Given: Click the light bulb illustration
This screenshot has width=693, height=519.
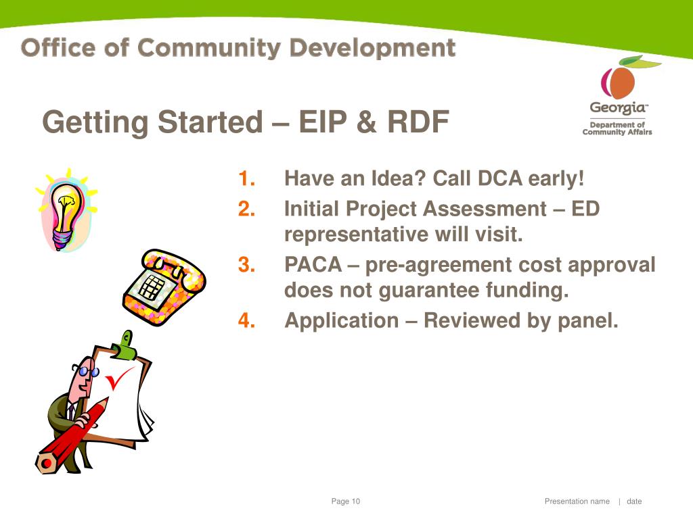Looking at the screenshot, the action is pos(67,211).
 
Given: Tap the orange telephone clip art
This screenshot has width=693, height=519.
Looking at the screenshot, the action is pos(164,287).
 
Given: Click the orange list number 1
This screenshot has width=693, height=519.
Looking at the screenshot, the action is pos(246,178).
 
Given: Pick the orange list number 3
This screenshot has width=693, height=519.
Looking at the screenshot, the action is pos(246,265).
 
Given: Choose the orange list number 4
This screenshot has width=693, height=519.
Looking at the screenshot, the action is pos(246,320).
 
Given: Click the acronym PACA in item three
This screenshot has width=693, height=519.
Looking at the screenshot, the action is pos(313,265).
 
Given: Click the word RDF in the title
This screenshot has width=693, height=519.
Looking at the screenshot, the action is pos(418,122).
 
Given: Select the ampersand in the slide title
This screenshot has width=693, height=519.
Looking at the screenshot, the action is pos(366,122).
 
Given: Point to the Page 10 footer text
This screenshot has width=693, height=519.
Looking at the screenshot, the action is pos(346,501).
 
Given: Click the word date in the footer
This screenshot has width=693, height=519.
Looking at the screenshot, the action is pos(634,501).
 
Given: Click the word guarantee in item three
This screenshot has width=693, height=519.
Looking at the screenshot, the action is pos(428,291).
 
